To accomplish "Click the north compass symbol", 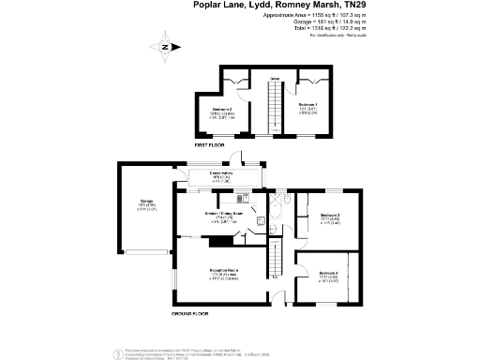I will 166,47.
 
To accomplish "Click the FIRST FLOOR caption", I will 212,145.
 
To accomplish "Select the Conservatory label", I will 221,176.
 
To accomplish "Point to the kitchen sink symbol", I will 241,199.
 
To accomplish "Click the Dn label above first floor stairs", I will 275,78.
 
